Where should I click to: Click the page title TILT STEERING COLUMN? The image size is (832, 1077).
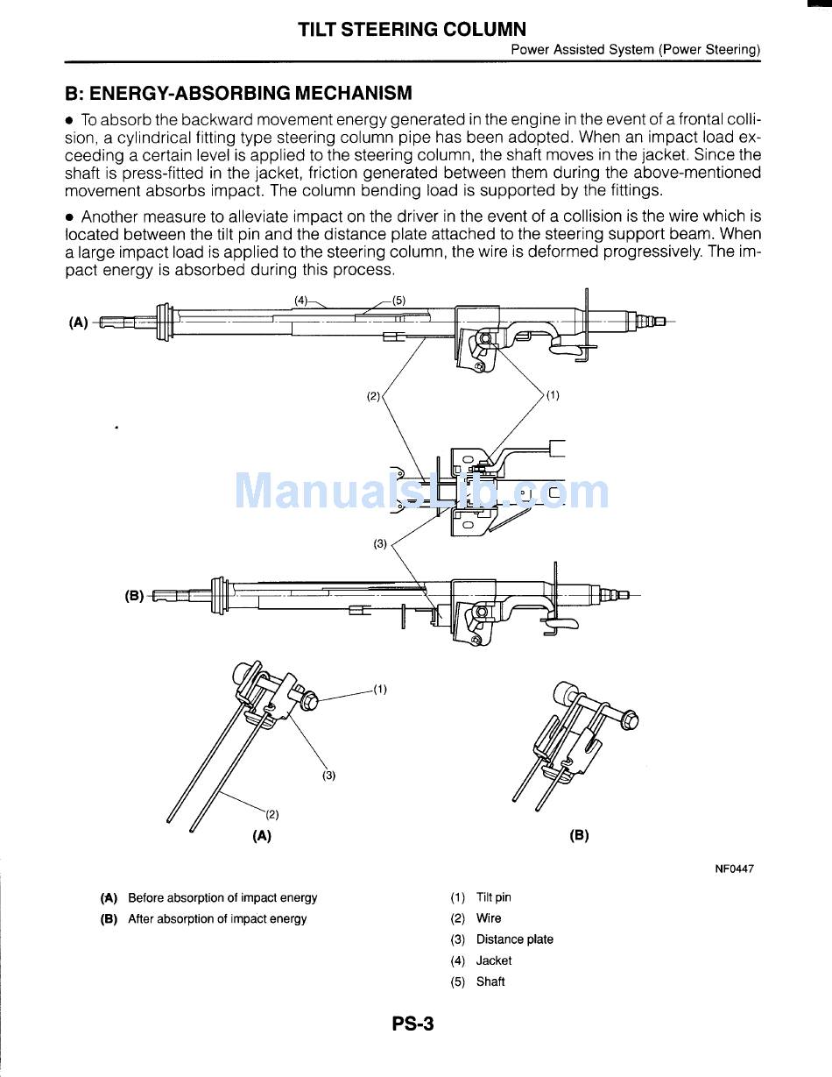(x=412, y=30)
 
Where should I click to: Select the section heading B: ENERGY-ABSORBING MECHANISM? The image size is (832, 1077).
(x=238, y=93)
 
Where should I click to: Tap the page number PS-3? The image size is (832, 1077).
(x=413, y=1024)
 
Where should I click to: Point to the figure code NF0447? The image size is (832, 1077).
(x=734, y=869)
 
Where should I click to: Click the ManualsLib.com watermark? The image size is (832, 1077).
(x=421, y=491)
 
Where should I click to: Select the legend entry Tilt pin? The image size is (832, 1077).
(x=493, y=897)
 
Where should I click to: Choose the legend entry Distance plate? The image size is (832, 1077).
(x=514, y=939)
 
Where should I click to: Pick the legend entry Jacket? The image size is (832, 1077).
(x=493, y=960)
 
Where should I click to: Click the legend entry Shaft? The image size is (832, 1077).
(x=490, y=981)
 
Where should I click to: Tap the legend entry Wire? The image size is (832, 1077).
(x=489, y=918)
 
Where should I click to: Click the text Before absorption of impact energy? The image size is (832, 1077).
(x=222, y=897)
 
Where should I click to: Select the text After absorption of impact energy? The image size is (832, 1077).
(x=217, y=918)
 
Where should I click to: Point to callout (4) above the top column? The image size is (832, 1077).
(x=301, y=301)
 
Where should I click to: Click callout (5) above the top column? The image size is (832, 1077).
(x=398, y=301)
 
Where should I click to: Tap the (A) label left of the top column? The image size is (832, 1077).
(x=79, y=322)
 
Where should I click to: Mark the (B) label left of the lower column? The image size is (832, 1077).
(x=134, y=596)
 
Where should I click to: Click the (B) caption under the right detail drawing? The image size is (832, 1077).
(x=579, y=835)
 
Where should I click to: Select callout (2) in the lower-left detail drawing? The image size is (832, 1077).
(x=272, y=814)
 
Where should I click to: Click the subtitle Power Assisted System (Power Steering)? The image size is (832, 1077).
(x=636, y=50)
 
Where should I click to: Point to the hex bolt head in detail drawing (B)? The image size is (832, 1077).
(x=628, y=721)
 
